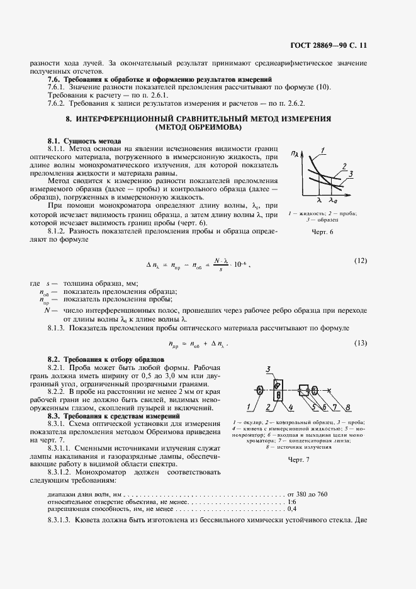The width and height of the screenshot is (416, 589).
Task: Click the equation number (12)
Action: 360,261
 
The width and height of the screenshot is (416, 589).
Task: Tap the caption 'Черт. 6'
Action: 322,232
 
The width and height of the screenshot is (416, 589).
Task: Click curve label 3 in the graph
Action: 350,173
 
